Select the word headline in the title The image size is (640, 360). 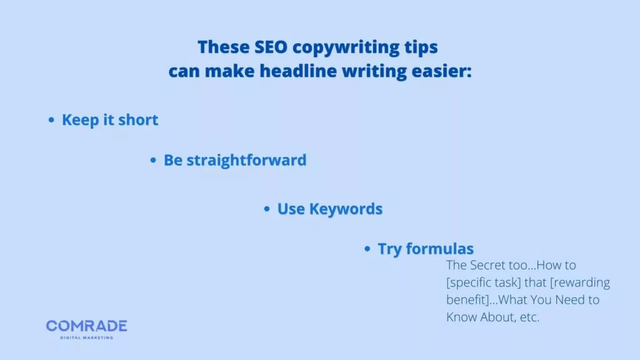coord(297,71)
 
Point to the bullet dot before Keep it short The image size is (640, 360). coord(52,121)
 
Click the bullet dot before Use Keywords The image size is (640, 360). coord(267,209)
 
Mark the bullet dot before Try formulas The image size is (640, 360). coord(367,249)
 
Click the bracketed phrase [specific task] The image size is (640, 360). coord(490,282)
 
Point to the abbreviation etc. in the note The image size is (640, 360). coord(528,317)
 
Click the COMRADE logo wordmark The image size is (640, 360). coord(86,326)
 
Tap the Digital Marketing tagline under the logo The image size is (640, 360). coord(86,337)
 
